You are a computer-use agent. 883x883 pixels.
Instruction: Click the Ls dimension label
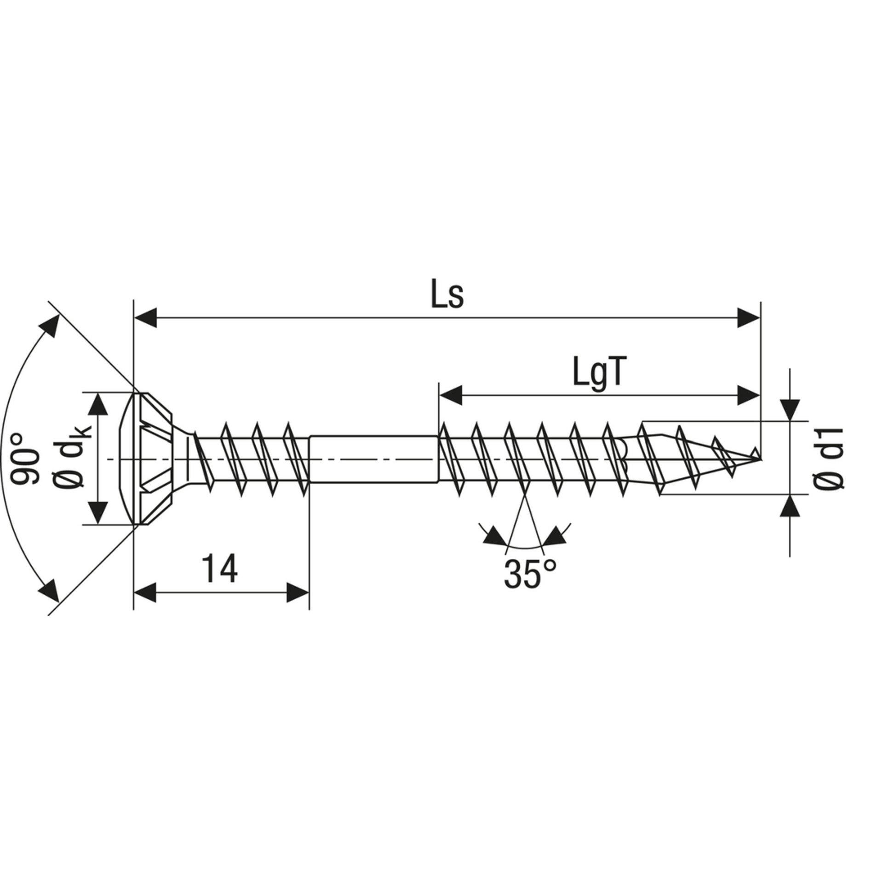click(447, 295)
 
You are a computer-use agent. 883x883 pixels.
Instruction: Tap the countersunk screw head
click(152, 459)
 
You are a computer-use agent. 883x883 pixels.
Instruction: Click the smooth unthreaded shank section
click(373, 459)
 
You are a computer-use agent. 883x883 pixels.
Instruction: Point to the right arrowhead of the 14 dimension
click(298, 593)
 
